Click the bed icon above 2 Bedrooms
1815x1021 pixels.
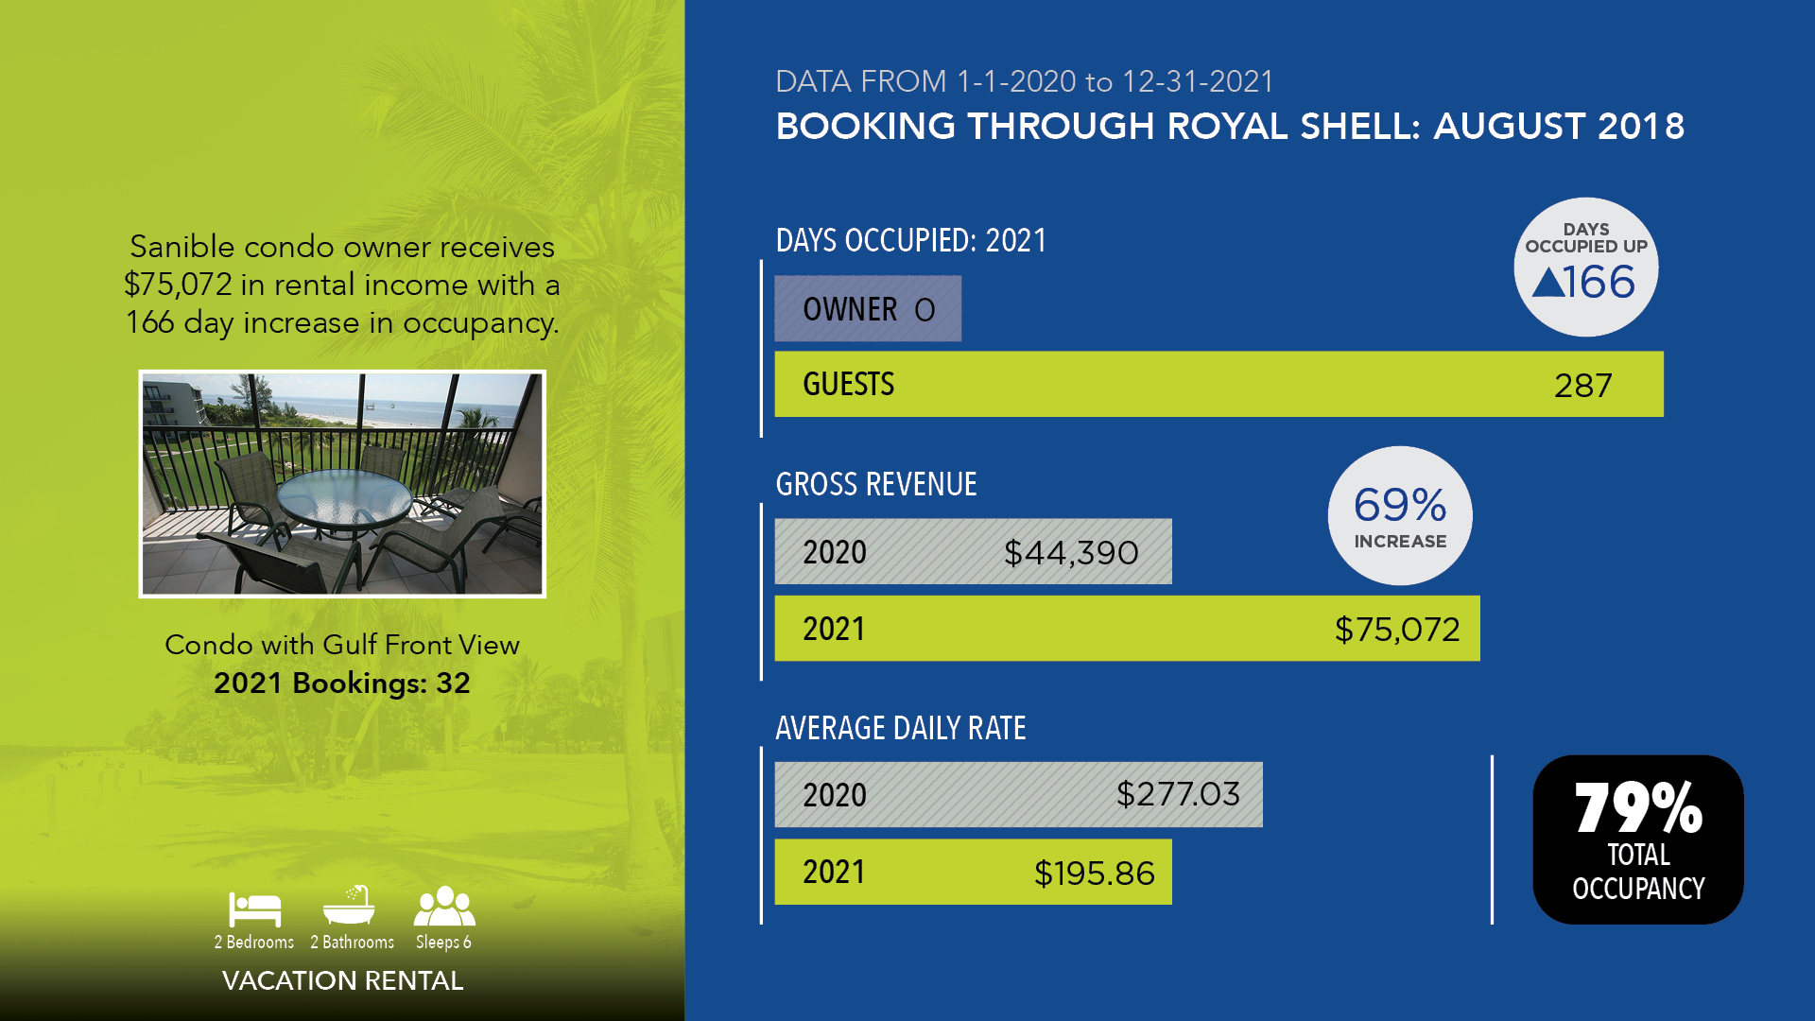pos(254,909)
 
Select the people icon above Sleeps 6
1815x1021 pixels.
pos(444,907)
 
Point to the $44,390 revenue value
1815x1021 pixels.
pos(1071,553)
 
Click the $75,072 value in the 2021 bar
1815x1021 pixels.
pos(1397,630)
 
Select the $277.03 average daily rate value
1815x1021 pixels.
pos(1178,794)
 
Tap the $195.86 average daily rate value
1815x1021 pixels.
pos(1095,873)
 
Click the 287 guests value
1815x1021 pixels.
pos(1583,386)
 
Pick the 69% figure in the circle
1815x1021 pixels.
pos(1400,505)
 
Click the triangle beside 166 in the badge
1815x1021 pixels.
pos(1547,282)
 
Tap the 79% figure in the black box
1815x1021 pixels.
pos(1638,807)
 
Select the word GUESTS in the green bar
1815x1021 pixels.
pos(848,385)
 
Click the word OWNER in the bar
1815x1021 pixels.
pos(850,309)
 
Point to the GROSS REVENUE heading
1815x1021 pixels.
pos(876,484)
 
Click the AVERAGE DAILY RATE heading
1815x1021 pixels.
pos(901,728)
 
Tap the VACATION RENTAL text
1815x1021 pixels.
pos(342,980)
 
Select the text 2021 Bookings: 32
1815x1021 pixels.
pos(342,683)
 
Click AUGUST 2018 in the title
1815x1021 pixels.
pos(1559,126)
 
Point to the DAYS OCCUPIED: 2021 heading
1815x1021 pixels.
pos(911,240)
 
